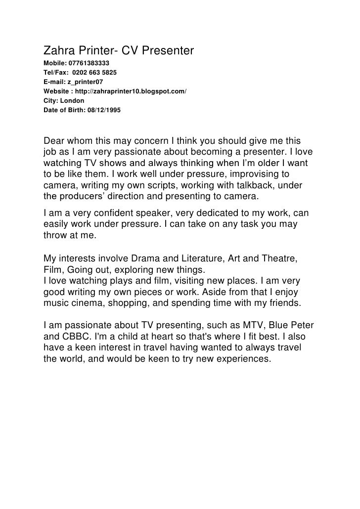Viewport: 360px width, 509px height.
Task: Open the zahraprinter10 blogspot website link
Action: pyautogui.click(x=131, y=91)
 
